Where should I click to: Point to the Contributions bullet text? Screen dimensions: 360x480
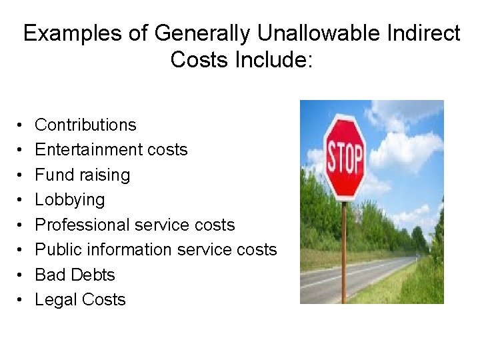[85, 125]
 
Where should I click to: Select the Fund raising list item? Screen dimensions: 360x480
[82, 175]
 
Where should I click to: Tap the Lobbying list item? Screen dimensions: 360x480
[69, 199]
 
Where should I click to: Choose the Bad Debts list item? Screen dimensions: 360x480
[75, 275]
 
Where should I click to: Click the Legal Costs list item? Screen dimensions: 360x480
[80, 299]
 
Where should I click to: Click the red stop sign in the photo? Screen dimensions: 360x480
[345, 157]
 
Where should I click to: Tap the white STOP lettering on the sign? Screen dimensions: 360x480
[345, 159]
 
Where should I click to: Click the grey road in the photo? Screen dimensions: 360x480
[373, 273]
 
